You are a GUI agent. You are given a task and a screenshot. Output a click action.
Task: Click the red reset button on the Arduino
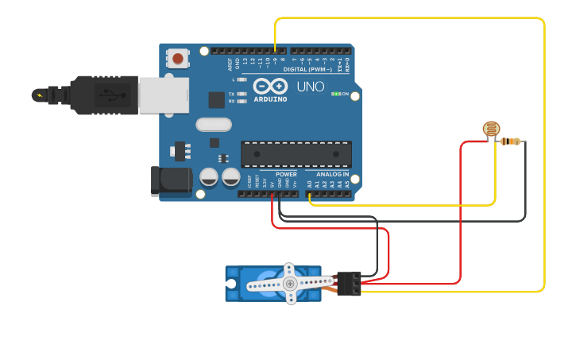[x=177, y=58]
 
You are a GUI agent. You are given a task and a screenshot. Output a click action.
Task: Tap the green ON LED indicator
[x=338, y=94]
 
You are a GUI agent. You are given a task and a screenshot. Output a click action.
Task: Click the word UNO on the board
[x=311, y=87]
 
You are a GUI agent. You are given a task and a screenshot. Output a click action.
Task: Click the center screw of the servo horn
[x=290, y=283]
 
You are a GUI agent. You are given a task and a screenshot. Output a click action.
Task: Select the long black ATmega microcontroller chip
[x=296, y=154]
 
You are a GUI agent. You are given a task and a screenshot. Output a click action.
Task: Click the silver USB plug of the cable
[x=164, y=95]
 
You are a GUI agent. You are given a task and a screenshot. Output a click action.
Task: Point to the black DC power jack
[x=170, y=180]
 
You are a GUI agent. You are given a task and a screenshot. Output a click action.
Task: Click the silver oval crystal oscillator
[x=213, y=124]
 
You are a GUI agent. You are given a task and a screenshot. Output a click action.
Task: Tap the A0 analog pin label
[x=309, y=184]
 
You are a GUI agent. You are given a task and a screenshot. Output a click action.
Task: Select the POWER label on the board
[x=286, y=174]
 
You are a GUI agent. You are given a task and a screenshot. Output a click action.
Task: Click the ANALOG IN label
[x=332, y=174]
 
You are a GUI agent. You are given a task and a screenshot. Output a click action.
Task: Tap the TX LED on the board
[x=241, y=93]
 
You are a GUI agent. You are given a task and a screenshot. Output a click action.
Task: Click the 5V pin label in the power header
[x=272, y=184]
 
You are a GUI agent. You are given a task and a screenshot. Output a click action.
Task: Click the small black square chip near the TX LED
[x=216, y=99]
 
